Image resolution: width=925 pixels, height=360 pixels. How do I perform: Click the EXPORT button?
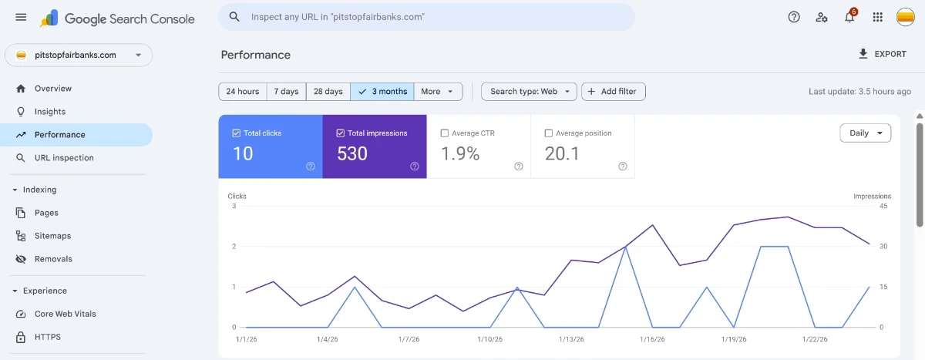(882, 54)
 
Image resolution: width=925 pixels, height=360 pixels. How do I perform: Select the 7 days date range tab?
(286, 91)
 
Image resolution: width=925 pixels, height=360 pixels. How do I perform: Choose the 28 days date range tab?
(328, 91)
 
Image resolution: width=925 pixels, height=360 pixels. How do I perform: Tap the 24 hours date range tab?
(242, 91)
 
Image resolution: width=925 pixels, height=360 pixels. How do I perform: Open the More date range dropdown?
(438, 91)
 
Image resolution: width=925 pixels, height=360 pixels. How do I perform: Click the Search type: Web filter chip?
(529, 91)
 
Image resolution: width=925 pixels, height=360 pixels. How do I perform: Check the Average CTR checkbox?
(445, 133)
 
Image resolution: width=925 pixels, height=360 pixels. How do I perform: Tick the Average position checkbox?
(549, 133)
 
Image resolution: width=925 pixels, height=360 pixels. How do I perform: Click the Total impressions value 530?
(352, 153)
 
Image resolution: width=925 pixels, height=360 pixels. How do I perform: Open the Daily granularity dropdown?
(865, 133)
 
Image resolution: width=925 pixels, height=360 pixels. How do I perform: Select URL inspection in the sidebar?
(64, 158)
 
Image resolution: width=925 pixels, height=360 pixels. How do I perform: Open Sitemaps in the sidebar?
(52, 236)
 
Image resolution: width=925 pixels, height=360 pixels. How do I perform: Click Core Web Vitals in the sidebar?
(66, 314)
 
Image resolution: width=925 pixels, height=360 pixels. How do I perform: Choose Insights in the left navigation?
(50, 112)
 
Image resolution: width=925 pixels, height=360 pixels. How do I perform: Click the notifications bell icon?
(849, 18)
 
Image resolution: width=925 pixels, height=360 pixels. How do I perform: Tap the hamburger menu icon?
(21, 18)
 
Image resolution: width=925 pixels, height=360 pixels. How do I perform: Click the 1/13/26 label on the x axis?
(570, 339)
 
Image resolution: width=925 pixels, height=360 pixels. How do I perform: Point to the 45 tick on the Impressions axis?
(883, 206)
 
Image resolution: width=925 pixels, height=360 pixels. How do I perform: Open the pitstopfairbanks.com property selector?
(79, 56)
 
